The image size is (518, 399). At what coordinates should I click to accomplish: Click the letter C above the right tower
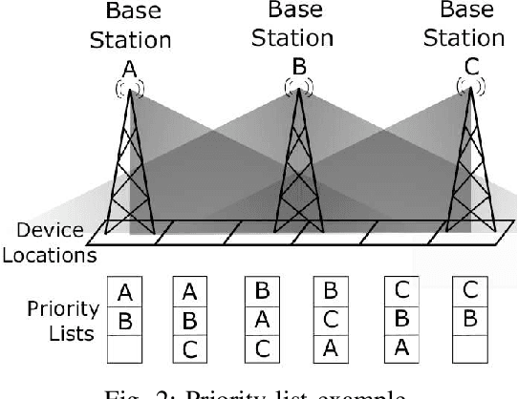(x=467, y=66)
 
